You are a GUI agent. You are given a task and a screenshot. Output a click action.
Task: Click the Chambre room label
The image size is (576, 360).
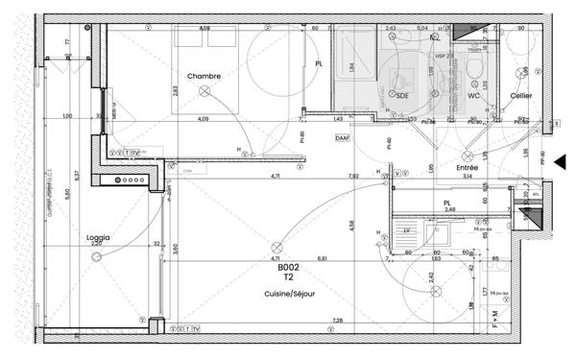[x=204, y=76]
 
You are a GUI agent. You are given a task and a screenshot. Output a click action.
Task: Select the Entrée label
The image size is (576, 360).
[x=468, y=167]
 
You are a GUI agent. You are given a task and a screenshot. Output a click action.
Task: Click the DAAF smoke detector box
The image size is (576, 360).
[x=343, y=138]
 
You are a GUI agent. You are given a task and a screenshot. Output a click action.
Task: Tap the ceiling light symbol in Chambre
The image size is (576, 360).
[x=204, y=89]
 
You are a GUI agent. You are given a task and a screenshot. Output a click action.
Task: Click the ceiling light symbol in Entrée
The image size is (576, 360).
[x=467, y=155]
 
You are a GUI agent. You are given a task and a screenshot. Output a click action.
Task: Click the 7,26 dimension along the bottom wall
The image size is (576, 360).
[x=337, y=320]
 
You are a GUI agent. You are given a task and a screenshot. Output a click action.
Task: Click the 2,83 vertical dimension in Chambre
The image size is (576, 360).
[x=175, y=92]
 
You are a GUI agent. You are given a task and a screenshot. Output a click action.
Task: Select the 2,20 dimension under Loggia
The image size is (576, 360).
[x=96, y=244]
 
